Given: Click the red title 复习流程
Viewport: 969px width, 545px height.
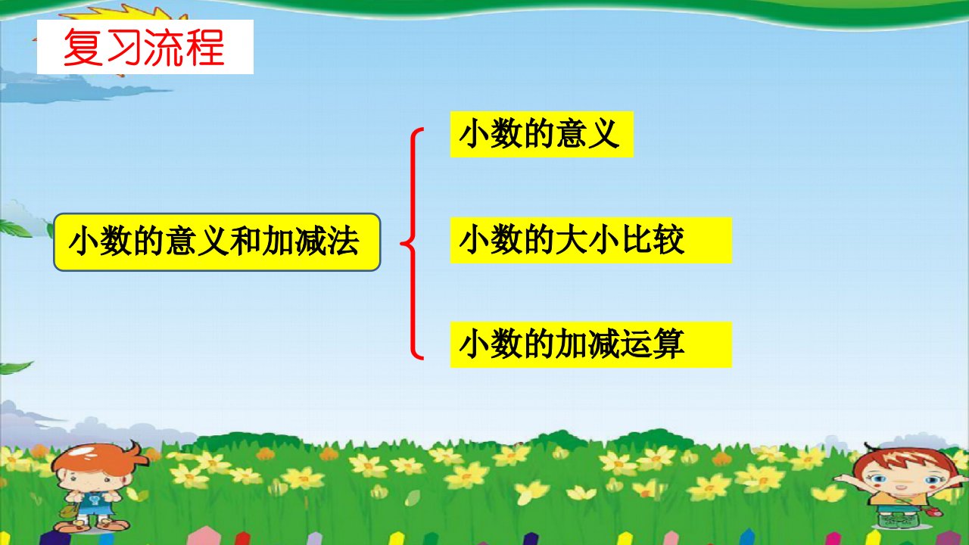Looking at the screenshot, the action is (144, 47).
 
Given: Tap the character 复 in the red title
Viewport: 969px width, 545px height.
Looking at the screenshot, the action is (83, 47).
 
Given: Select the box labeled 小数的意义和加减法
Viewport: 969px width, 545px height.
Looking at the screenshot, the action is (217, 242).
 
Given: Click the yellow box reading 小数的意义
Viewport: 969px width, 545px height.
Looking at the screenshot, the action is (541, 134).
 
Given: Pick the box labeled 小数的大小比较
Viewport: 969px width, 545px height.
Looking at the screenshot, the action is (591, 240).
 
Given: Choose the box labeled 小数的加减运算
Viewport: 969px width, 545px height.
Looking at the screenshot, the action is (591, 344).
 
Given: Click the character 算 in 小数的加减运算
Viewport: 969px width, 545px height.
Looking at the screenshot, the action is (668, 344).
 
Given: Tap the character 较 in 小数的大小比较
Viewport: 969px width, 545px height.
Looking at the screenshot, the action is (668, 240).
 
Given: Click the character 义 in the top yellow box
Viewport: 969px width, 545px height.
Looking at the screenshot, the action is (603, 134).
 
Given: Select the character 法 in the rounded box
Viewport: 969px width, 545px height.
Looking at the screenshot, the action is (344, 241).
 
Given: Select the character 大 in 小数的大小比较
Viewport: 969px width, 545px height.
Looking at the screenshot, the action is (572, 240).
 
